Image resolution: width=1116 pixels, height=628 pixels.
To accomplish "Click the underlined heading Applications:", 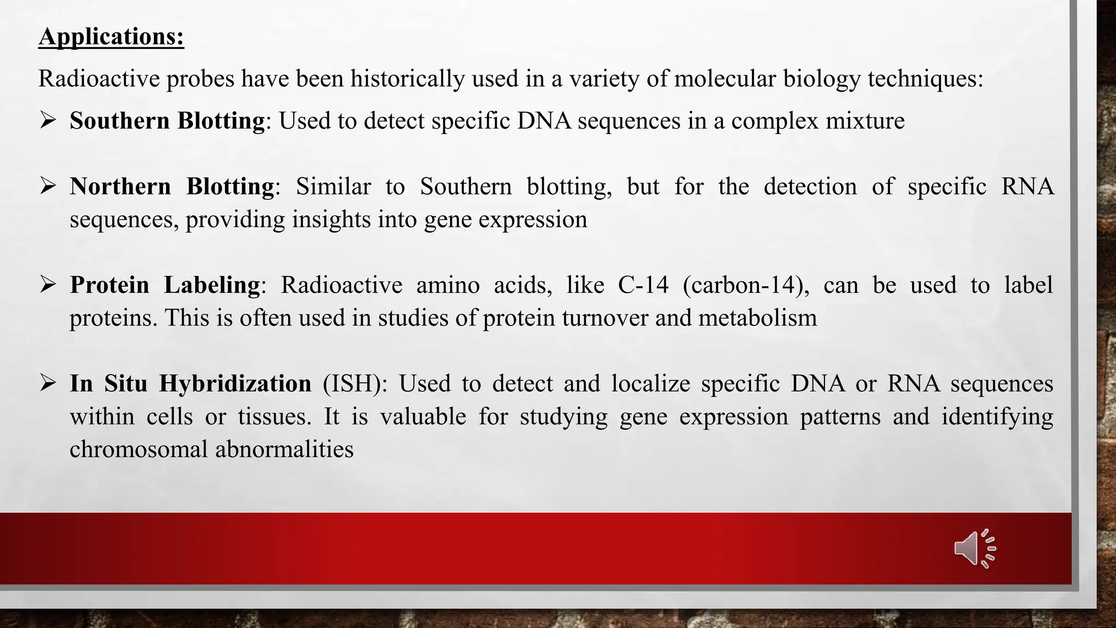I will tap(111, 37).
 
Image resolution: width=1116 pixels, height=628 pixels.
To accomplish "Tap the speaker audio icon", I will tap(975, 548).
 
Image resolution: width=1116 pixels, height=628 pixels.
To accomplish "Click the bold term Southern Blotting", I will tap(167, 120).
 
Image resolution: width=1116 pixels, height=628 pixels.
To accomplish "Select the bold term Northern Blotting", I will tap(172, 186).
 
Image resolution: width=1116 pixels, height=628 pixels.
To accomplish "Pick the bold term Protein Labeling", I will tap(165, 285).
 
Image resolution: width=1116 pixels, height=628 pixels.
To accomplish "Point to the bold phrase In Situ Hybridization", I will tap(190, 384).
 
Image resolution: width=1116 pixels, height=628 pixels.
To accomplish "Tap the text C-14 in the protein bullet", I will tap(643, 285).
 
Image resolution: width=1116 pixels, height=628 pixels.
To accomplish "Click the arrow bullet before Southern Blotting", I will tap(48, 120).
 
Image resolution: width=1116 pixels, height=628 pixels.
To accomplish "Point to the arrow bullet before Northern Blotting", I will tap(48, 186).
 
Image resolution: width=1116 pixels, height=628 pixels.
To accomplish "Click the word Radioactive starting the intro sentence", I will tap(99, 79).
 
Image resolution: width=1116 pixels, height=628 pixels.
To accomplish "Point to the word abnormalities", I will tap(284, 450).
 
